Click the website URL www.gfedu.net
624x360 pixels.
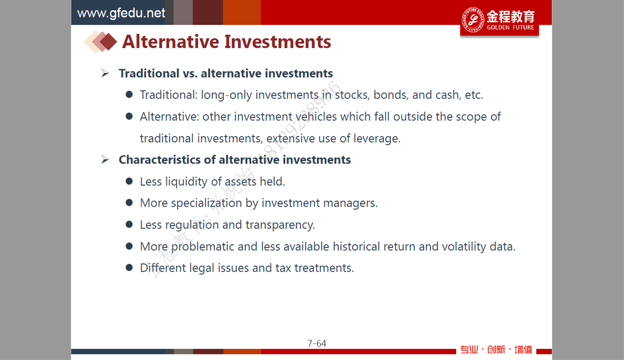pos(121,13)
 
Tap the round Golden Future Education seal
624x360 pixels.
pos(473,20)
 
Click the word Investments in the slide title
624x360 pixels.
pos(278,42)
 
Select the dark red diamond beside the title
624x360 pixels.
pos(108,42)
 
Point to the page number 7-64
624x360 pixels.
pos(317,343)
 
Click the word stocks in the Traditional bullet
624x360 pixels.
pos(352,95)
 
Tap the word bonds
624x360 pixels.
pos(391,95)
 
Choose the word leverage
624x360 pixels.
pos(377,138)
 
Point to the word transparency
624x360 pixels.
pos(280,225)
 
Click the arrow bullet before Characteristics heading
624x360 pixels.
pos(105,160)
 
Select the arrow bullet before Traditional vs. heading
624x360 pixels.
pos(105,73)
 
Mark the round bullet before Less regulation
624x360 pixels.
pos(129,224)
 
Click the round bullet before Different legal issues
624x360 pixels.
pos(129,268)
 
